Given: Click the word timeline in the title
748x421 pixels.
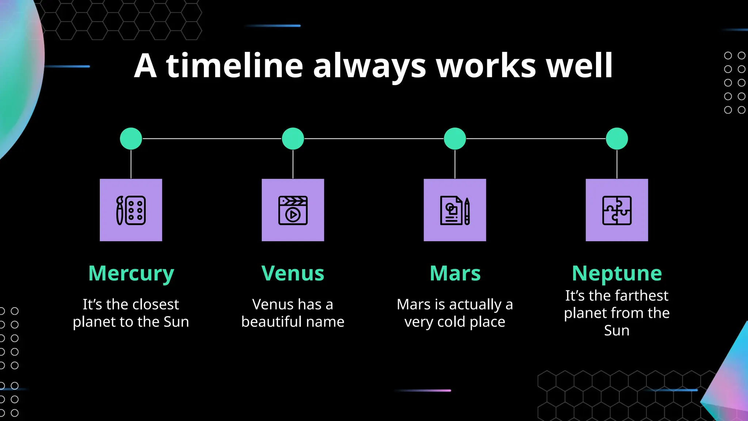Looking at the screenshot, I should [x=234, y=66].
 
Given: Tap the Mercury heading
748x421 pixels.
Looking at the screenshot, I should [x=131, y=273].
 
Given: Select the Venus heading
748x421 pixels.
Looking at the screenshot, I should [x=293, y=273].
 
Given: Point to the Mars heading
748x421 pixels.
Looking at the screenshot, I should [x=455, y=273].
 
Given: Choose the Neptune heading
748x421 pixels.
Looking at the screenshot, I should [x=617, y=273].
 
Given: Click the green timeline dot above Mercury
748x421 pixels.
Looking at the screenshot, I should [x=131, y=139].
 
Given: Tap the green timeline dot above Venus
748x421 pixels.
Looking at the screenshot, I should [x=293, y=139].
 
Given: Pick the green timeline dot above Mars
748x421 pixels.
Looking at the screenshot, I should [x=455, y=139].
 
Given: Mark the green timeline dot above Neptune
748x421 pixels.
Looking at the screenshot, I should [x=617, y=139].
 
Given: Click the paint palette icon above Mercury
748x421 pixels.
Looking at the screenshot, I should [x=131, y=210].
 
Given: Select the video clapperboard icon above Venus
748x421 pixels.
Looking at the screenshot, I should [x=293, y=210].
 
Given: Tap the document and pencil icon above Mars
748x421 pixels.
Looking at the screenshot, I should [x=455, y=210].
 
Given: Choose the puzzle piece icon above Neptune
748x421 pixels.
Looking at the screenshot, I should [x=617, y=210].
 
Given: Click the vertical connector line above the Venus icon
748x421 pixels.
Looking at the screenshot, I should [x=293, y=164].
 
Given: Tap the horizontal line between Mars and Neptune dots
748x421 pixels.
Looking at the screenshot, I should [x=536, y=139].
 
